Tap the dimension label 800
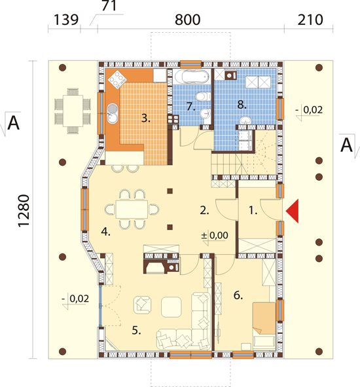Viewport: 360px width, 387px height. pos(187,20)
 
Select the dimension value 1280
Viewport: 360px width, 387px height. pos(24,210)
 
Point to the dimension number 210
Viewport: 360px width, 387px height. pos(310,20)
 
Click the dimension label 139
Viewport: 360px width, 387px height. pos(66,20)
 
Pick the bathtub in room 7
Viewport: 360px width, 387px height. pos(192,76)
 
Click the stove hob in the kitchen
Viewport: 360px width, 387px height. pos(117,79)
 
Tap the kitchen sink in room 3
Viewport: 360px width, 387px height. pos(113,113)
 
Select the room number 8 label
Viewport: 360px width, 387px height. pos(242,105)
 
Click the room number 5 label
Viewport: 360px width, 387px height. pos(136,330)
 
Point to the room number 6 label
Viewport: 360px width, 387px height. pos(238,295)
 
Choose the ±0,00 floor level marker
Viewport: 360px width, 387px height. pos(215,236)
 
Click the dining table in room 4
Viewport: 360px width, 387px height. pos(132,210)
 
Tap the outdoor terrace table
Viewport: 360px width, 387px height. pos(73,111)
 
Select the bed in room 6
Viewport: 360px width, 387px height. pos(264,326)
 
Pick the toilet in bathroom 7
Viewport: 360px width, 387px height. pos(203,96)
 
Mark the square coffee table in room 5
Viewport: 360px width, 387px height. pos(171,307)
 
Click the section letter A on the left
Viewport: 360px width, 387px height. pos(13,123)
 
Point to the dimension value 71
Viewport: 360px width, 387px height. pos(109,6)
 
